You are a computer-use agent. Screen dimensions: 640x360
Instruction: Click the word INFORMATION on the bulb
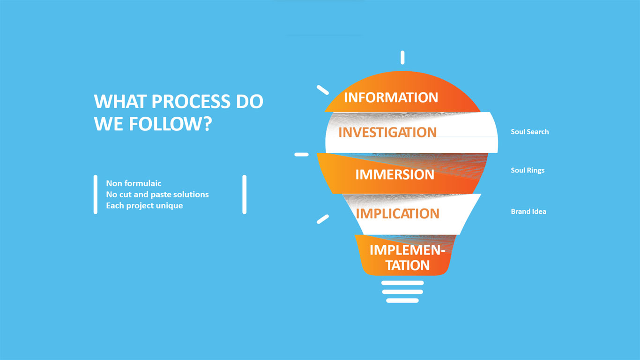coord(391,97)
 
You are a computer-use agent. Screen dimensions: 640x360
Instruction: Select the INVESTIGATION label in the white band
coord(387,132)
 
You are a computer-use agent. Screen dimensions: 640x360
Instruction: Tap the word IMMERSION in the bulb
coord(394,174)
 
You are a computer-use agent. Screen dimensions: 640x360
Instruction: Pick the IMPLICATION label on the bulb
coord(397,214)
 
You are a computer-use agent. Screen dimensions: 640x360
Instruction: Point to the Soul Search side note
coord(530,132)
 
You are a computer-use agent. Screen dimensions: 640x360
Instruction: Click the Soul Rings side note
coord(528,171)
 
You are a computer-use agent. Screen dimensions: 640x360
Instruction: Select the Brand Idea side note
coord(528,211)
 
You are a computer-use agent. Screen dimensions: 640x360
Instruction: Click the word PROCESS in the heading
coord(191,101)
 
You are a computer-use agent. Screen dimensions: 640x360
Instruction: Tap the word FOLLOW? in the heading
coord(170,124)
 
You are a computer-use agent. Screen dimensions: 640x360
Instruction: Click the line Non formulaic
coord(134,183)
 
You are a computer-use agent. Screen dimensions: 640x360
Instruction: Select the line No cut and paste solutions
coord(157,195)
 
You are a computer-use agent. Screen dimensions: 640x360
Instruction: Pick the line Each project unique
coord(145,206)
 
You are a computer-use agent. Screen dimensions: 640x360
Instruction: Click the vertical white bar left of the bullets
coord(96,195)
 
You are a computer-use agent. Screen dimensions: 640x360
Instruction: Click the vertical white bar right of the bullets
coord(244,195)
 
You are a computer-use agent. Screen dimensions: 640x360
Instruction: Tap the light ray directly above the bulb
coord(402,58)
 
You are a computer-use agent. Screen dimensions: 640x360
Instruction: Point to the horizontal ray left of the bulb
coord(301,154)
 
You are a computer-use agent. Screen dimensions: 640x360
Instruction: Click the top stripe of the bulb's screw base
coord(402,283)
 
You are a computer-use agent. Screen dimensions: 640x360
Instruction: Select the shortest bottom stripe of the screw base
coord(402,300)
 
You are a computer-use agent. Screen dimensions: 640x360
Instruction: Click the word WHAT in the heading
coord(120,101)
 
